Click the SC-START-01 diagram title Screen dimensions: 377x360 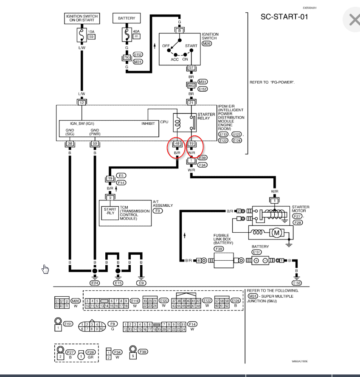click(x=284, y=17)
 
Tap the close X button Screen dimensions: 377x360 click(x=354, y=20)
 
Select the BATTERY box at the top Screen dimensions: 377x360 click(x=127, y=19)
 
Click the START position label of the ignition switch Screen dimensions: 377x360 click(x=191, y=45)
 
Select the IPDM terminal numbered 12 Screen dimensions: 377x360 click(x=82, y=102)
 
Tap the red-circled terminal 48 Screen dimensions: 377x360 click(x=177, y=144)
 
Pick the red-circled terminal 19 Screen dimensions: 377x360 click(x=191, y=144)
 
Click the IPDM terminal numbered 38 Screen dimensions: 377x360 click(x=69, y=144)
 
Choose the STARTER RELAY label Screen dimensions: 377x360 click(x=206, y=116)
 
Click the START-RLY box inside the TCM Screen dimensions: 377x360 click(x=110, y=211)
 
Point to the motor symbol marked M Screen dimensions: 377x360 click(x=276, y=232)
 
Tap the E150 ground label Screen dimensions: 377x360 click(x=297, y=282)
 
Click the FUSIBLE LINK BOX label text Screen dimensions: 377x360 click(x=221, y=239)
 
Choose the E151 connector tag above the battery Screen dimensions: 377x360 click(x=256, y=252)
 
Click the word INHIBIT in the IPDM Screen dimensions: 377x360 click(x=148, y=124)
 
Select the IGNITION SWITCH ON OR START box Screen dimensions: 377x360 click(x=82, y=19)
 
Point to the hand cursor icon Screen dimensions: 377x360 click(x=45, y=269)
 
